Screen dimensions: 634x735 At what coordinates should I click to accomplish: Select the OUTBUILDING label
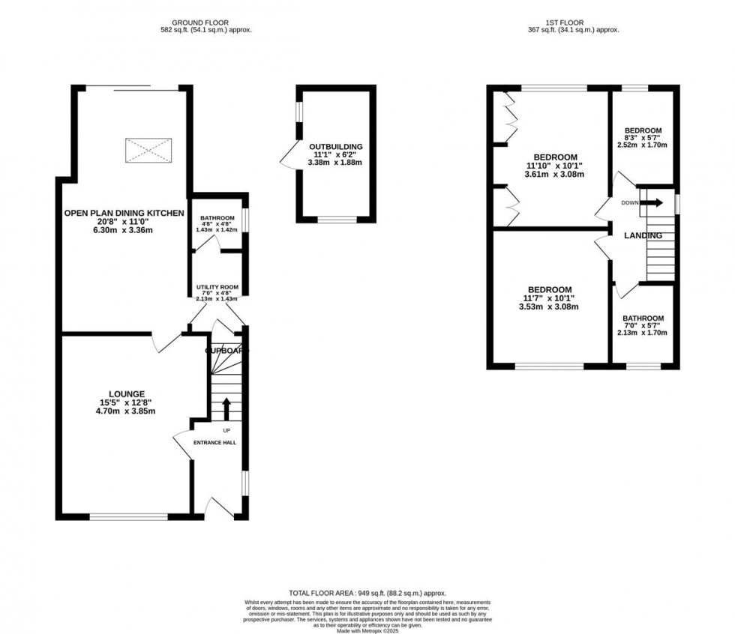(335, 146)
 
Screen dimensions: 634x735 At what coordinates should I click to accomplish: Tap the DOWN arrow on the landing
(654, 202)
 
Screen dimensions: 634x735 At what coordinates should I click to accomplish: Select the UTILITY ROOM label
(217, 287)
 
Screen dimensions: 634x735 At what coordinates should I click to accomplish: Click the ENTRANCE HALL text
(215, 443)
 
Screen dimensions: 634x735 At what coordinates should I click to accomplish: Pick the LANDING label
(643, 235)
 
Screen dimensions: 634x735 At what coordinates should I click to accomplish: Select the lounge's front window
(129, 516)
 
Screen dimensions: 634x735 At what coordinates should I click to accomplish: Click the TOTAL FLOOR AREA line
(367, 593)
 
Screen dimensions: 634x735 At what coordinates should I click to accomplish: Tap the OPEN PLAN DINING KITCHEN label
(124, 213)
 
